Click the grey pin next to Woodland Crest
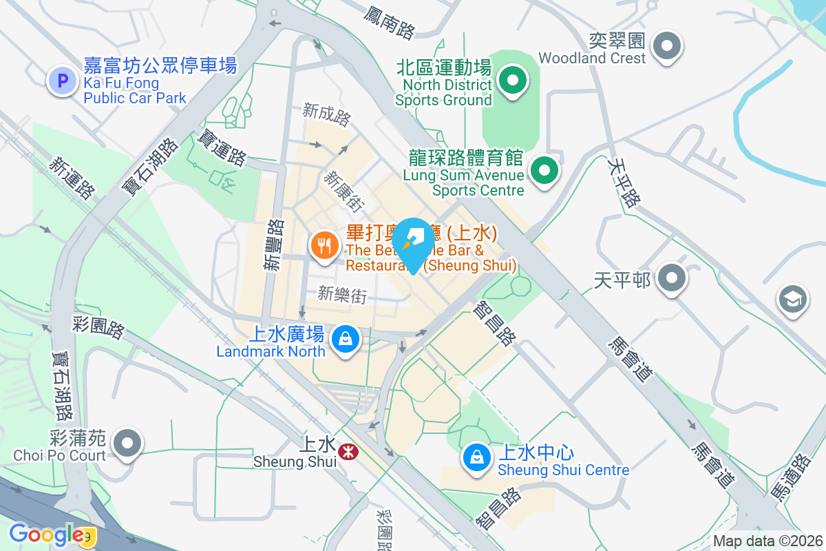(x=667, y=48)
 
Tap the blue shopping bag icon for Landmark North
(x=344, y=339)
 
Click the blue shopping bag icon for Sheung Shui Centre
(x=476, y=457)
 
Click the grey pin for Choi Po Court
(x=127, y=442)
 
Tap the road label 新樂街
(x=342, y=295)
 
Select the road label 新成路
(x=326, y=114)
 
